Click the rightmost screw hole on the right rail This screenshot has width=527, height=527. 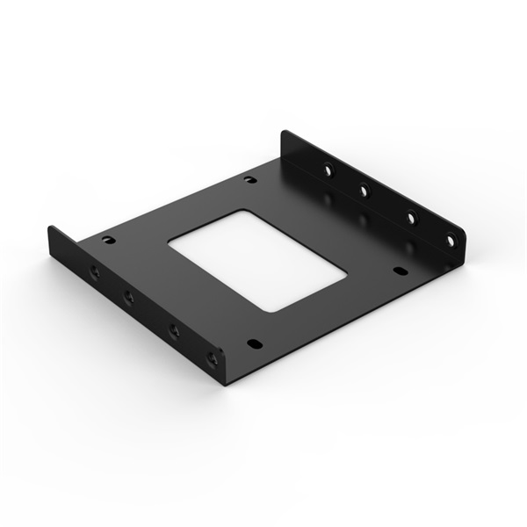point(451,238)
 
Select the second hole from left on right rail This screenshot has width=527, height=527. point(364,188)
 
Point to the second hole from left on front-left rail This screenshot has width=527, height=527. point(129,297)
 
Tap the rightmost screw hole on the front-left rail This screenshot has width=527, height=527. point(211,357)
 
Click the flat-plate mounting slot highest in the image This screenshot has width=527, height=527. point(250,180)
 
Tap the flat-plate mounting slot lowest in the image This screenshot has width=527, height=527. point(254,343)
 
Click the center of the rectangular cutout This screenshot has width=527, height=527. point(257,259)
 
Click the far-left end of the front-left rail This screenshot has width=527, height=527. point(50,230)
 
